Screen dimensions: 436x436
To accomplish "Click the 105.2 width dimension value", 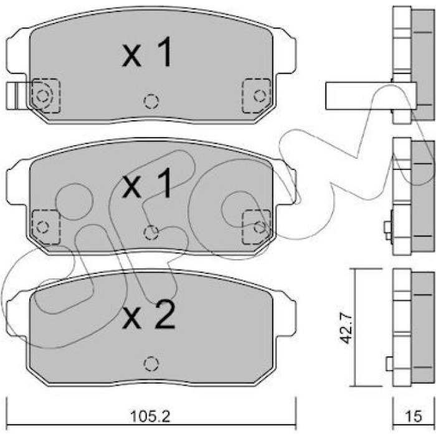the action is tap(150, 416).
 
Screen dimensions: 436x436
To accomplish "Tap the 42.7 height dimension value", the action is tap(346, 328).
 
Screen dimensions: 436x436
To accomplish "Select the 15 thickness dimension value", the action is tap(414, 416).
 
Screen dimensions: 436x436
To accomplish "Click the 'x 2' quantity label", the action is tap(148, 315).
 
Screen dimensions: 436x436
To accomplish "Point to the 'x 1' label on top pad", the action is tap(146, 52).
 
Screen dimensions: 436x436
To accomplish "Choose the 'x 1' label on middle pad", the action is tap(146, 184).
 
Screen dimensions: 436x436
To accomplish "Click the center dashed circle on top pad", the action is tap(151, 101).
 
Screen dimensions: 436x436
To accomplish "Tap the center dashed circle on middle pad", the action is tap(151, 232).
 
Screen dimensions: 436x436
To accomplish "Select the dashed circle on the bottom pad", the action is tap(151, 364).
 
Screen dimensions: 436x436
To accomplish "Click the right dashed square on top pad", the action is tap(257, 96).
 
